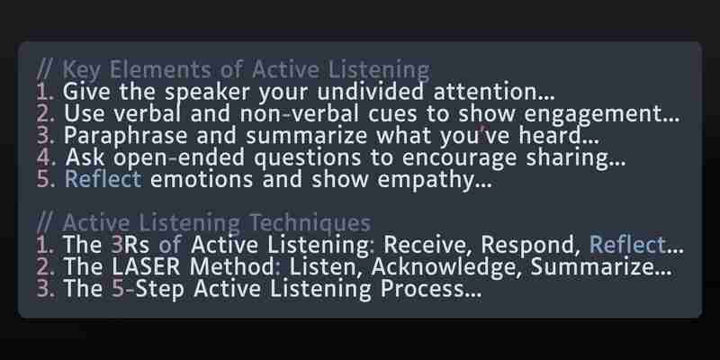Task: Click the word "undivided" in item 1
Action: click(x=370, y=92)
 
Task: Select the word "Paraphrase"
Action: click(x=125, y=136)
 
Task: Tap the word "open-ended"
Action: click(x=179, y=158)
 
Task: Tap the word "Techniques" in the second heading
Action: click(x=310, y=222)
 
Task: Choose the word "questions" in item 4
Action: click(x=307, y=158)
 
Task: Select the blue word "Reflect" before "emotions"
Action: click(x=103, y=178)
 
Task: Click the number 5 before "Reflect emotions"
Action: click(x=43, y=179)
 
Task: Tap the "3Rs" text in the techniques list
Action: click(x=130, y=245)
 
